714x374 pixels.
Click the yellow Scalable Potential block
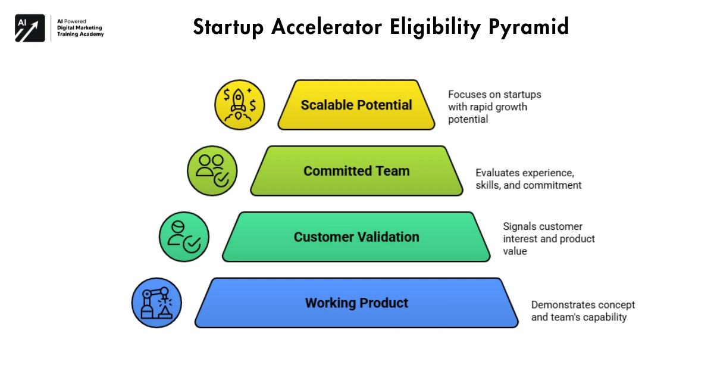pos(356,105)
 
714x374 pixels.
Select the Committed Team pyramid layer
pos(356,172)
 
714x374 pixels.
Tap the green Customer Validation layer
pos(356,237)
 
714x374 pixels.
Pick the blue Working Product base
pos(356,303)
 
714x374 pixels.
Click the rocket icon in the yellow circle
pos(239,105)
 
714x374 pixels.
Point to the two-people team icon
pos(212,171)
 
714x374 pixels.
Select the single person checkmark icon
pos(184,237)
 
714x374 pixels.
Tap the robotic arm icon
pos(156,303)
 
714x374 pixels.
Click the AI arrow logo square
pos(30,27)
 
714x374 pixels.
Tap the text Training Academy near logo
pos(80,35)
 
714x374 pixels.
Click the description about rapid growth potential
pos(494,107)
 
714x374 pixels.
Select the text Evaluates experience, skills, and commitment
pos(528,179)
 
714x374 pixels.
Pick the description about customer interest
pos(548,239)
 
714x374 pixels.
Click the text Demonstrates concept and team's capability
pos(582,311)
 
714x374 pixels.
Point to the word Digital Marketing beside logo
pos(79,27)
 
